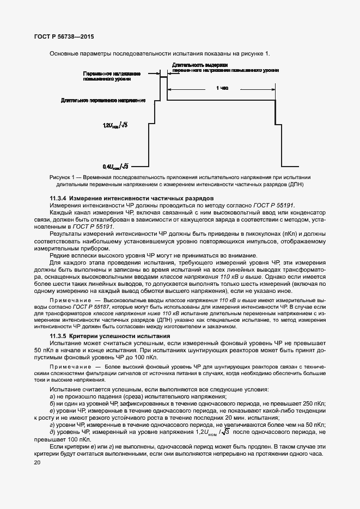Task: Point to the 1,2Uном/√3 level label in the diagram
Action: (115, 126)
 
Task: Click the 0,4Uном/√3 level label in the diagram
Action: (115, 166)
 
